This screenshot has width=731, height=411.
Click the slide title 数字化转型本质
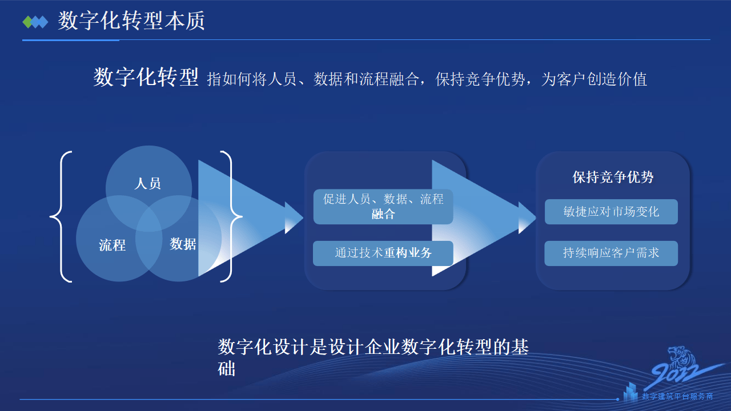[131, 21]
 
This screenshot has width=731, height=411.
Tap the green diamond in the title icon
[27, 22]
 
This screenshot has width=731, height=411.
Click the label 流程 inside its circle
[112, 245]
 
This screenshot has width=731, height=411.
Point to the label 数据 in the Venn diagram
[183, 244]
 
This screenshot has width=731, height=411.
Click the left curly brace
[62, 216]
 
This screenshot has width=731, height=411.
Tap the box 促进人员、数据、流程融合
[383, 206]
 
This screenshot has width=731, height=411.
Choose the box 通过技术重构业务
[383, 253]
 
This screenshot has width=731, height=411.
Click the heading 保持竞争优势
[613, 177]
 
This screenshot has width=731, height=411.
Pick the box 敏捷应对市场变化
[611, 212]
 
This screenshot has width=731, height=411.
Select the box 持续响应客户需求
[611, 253]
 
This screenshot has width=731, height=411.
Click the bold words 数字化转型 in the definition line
[146, 77]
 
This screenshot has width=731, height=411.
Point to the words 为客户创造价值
[594, 79]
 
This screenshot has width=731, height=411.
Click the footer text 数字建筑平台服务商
[677, 396]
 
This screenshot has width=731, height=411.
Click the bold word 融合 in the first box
[383, 215]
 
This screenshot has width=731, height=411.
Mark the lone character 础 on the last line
[227, 368]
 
